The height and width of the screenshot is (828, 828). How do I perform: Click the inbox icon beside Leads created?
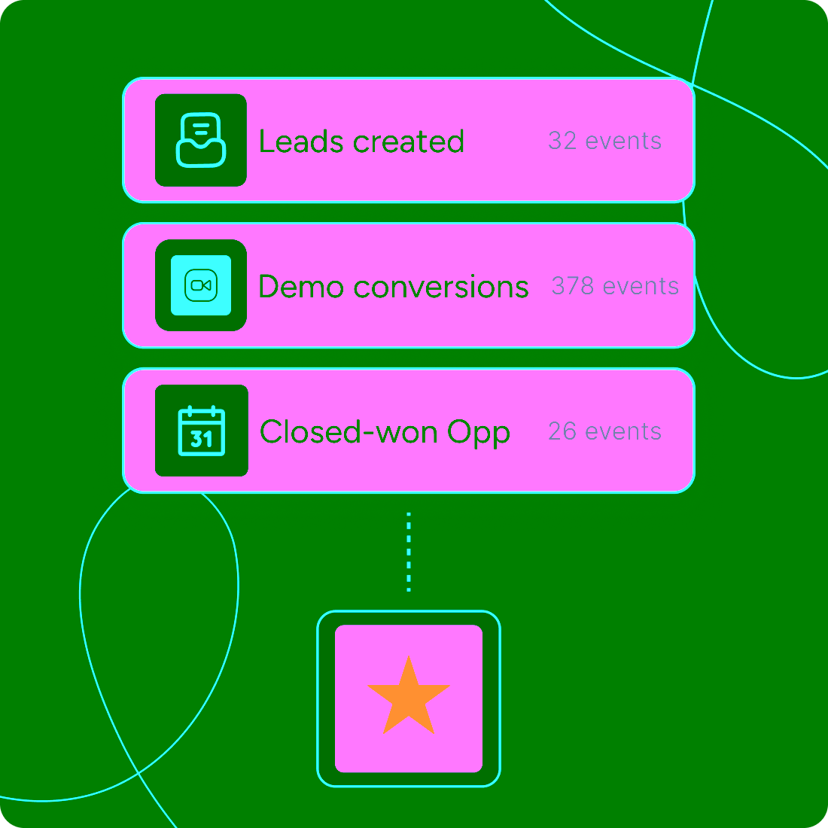point(201,140)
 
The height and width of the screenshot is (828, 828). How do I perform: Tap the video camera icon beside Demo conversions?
point(201,285)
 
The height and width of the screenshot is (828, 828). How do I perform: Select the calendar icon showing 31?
point(201,431)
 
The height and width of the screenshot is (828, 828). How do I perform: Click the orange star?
point(409,697)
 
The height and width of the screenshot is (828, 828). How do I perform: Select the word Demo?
point(301,287)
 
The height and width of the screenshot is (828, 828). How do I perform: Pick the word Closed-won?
point(349,432)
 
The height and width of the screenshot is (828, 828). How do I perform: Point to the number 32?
point(562,141)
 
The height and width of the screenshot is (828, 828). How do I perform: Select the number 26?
point(562,431)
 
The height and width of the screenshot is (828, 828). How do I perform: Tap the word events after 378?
point(641,286)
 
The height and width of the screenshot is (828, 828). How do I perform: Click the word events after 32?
point(623,141)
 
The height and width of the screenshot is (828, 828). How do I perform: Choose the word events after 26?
point(623,431)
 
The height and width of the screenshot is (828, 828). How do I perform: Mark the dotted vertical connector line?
point(409,552)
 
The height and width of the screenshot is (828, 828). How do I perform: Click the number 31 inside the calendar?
point(201,438)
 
